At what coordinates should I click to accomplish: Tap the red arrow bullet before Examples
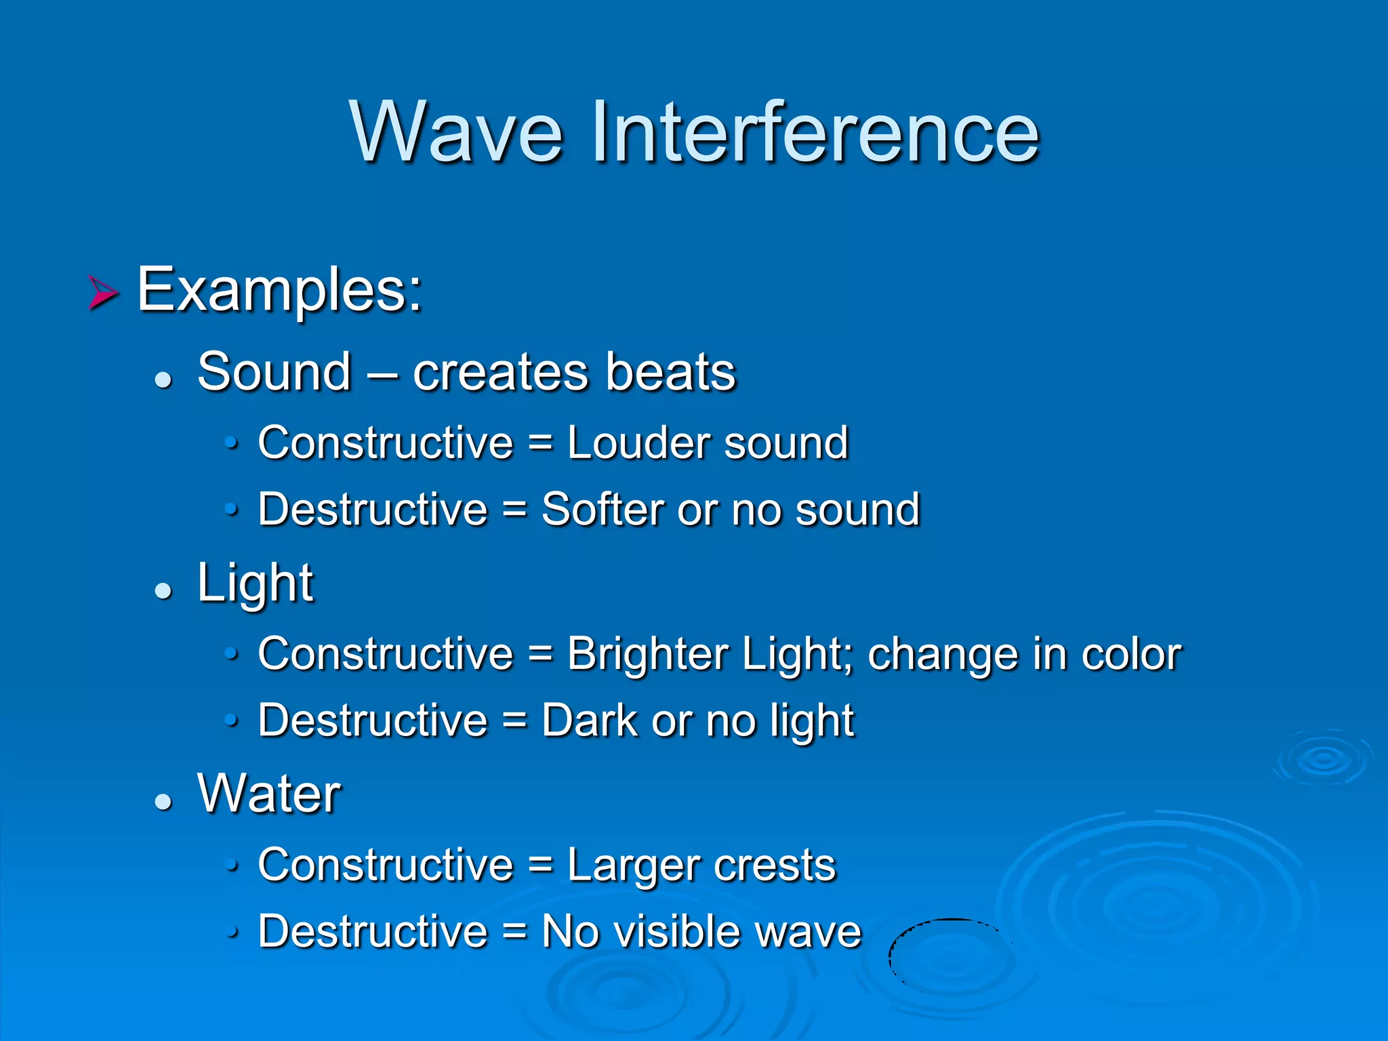click(x=103, y=293)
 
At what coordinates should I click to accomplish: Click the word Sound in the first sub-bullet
click(x=274, y=373)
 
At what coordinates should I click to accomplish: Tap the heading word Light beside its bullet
click(x=255, y=584)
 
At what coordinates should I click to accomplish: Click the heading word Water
click(x=268, y=794)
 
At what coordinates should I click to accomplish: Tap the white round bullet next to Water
click(x=163, y=802)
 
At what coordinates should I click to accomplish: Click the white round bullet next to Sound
click(x=163, y=380)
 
